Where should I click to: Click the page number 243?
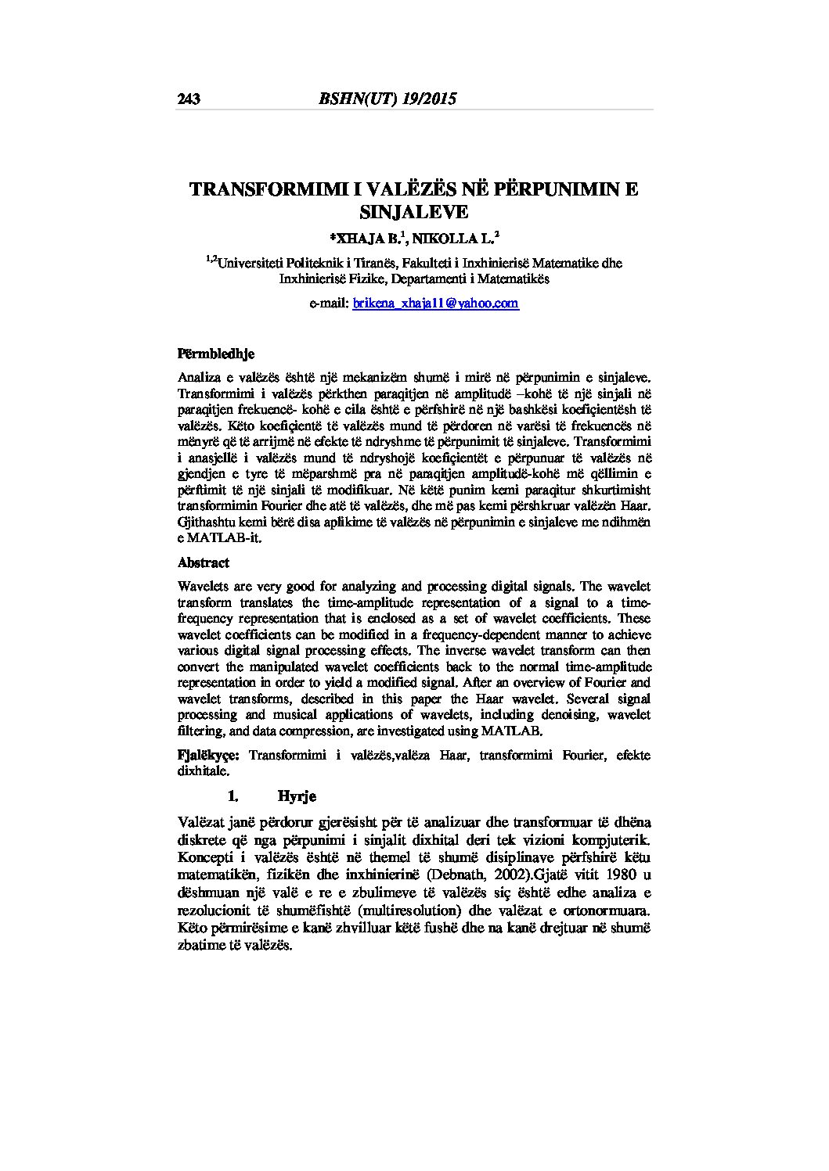[189, 99]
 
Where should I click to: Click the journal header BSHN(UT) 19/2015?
[387, 99]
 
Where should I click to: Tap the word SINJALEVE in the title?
[413, 211]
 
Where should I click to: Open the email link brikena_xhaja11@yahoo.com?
[435, 304]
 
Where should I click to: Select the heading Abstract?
[204, 562]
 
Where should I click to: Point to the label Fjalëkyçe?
[209, 755]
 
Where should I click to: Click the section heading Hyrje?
[297, 796]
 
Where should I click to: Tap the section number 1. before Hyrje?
[232, 796]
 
